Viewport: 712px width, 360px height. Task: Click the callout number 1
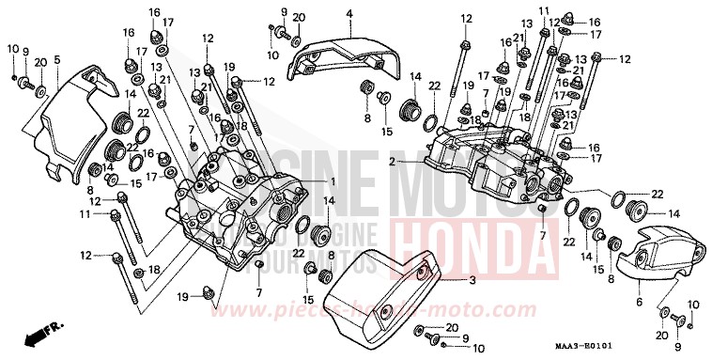(333, 180)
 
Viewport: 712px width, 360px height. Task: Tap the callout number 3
(472, 280)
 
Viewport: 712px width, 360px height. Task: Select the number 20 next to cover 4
(299, 18)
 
